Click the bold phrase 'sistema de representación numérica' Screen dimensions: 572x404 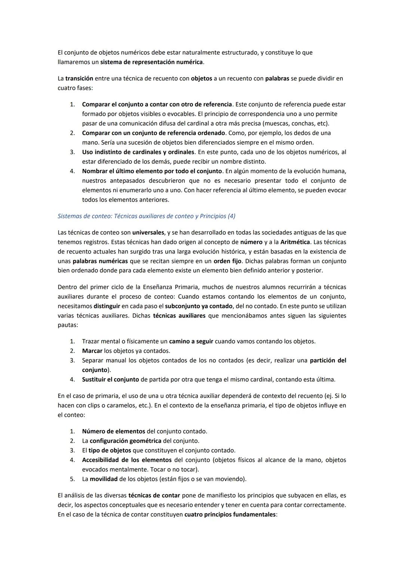151,62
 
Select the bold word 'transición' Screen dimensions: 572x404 79,79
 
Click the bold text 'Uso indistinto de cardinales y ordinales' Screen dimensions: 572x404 138,152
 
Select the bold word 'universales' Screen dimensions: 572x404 148,233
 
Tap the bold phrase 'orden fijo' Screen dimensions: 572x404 227,261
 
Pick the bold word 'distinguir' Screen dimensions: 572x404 107,306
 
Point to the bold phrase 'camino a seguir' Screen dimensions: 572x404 191,341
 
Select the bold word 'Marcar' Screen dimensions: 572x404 92,351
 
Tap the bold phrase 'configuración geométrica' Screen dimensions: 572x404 125,441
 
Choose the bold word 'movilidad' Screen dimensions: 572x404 104,479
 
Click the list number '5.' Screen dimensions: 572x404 73,479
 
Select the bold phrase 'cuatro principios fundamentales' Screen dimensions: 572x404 230,515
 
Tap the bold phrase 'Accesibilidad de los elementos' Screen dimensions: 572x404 127,460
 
